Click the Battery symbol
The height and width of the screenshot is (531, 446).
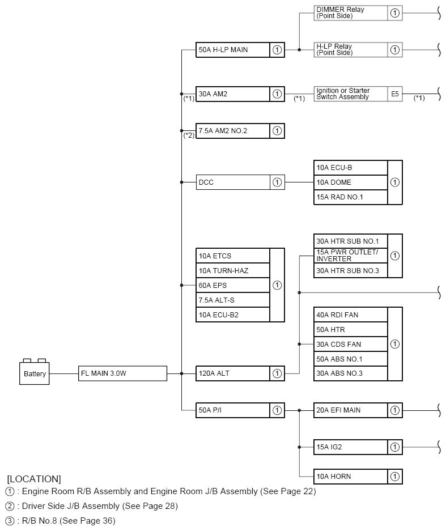click(x=35, y=373)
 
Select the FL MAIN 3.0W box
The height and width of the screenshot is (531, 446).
click(x=122, y=373)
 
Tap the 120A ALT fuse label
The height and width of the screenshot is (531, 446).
click(x=232, y=373)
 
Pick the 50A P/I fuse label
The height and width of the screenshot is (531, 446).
click(x=232, y=410)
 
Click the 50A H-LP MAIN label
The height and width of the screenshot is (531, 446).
click(x=232, y=50)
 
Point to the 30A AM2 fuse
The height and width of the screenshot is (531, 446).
click(x=232, y=94)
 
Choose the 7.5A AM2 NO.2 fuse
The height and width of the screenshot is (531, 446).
click(x=232, y=131)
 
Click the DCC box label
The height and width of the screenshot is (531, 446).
click(x=232, y=182)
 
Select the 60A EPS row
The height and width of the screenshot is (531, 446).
click(x=232, y=285)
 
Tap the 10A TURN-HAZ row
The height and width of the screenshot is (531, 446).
click(x=232, y=270)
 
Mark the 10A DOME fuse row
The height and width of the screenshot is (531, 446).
click(x=351, y=182)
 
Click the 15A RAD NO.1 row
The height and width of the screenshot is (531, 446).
click(x=351, y=197)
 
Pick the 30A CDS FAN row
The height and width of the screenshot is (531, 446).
click(x=351, y=344)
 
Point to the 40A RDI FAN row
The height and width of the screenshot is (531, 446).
click(x=351, y=315)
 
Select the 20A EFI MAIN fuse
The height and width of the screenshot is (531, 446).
click(x=351, y=410)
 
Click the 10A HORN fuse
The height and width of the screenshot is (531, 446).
click(x=351, y=477)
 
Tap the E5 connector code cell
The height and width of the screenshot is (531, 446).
click(x=395, y=94)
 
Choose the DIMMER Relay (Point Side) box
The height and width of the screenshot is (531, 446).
click(x=351, y=13)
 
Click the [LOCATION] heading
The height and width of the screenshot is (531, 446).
click(x=34, y=479)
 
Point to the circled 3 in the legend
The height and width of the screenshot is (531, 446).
click(x=10, y=520)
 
